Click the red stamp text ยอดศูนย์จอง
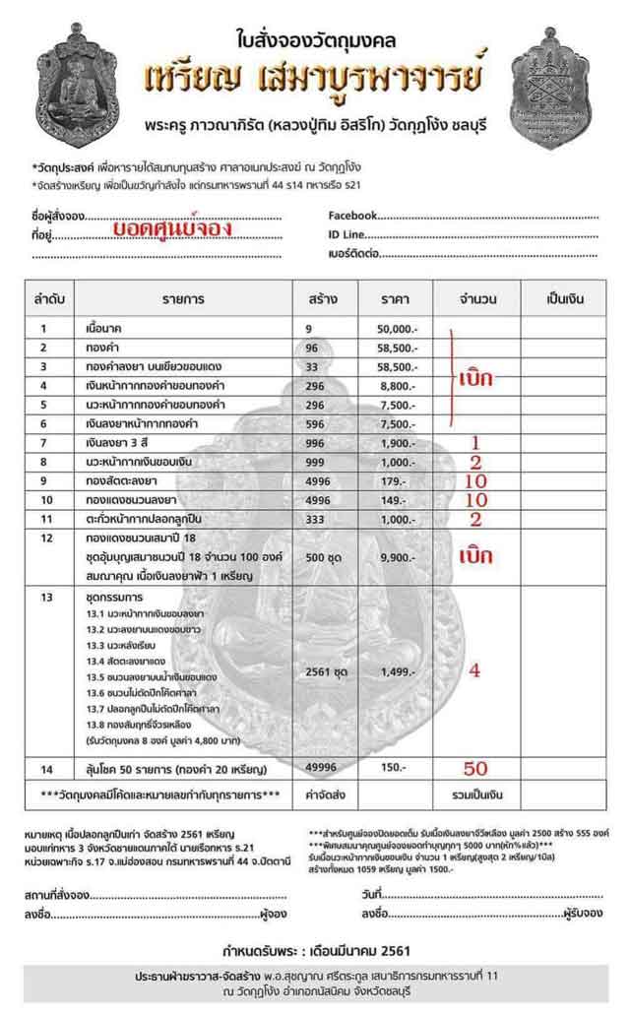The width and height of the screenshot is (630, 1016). point(171,228)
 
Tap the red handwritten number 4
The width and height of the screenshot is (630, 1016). point(474,669)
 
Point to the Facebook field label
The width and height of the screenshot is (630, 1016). point(352,215)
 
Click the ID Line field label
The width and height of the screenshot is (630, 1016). point(346,234)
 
